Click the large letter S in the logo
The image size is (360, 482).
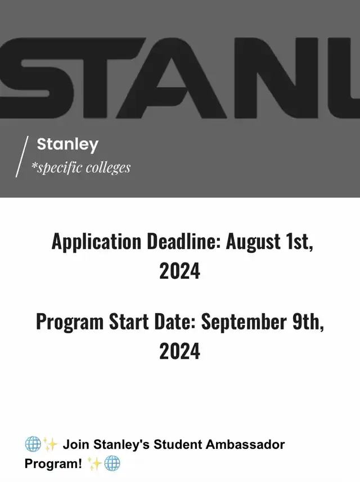click(x=37, y=78)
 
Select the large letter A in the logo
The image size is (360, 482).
click(x=181, y=78)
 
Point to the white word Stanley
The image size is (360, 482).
click(x=67, y=145)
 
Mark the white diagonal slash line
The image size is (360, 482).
click(x=22, y=157)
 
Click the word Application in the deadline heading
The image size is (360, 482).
click(x=96, y=242)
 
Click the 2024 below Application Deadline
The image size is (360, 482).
click(x=179, y=271)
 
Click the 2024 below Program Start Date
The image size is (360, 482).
click(x=179, y=351)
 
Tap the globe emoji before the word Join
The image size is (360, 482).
click(x=33, y=444)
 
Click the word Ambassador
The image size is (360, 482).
click(x=245, y=444)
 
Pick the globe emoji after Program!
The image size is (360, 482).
click(x=112, y=463)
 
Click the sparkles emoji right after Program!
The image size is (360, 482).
click(x=95, y=463)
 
